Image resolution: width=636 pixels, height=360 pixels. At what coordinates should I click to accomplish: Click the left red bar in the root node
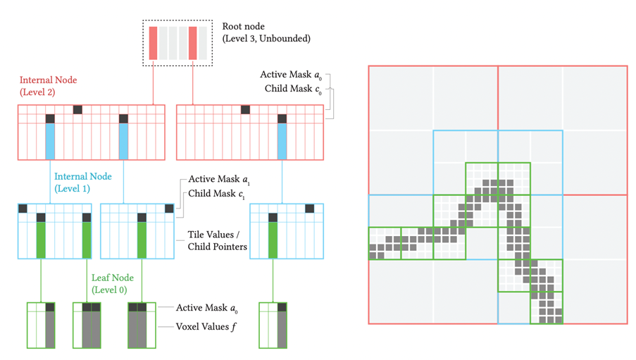(153, 43)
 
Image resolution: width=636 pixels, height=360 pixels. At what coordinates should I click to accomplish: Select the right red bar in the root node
(193, 43)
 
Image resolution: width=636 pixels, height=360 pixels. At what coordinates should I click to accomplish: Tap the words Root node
(244, 26)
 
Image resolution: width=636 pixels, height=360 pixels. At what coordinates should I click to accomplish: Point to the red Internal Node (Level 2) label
(49, 86)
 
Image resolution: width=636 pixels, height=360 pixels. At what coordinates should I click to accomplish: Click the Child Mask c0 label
(293, 89)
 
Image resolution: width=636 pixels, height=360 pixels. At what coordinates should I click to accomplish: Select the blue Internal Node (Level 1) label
(82, 182)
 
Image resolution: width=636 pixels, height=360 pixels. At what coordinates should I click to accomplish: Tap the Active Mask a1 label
(219, 180)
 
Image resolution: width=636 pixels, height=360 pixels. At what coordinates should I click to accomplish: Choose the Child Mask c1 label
(216, 194)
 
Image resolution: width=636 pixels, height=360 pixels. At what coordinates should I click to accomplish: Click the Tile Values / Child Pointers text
(217, 240)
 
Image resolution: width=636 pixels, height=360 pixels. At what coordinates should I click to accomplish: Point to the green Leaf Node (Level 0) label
(113, 283)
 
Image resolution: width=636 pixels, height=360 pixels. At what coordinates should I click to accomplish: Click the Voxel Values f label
(206, 326)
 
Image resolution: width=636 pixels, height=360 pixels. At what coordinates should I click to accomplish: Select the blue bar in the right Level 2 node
(282, 141)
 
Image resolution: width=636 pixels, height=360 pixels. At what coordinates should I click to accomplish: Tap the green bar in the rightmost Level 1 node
(273, 240)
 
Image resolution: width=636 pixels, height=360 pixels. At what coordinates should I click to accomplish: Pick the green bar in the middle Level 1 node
(142, 240)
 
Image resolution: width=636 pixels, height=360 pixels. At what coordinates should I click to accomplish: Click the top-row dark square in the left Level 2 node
(77, 110)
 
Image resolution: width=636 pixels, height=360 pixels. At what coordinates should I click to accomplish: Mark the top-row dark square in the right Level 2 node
(245, 110)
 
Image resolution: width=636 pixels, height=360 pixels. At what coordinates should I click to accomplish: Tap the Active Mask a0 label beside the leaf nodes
(206, 308)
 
